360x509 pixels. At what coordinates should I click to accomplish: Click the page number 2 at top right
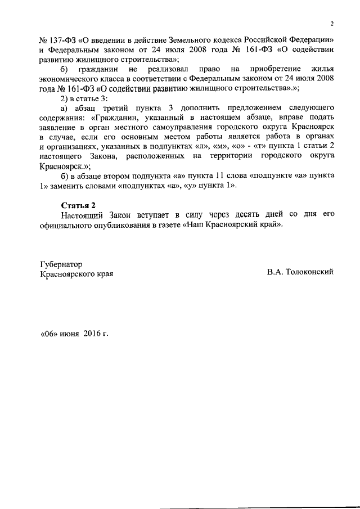tap(332, 24)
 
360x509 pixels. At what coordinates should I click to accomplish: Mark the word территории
tap(251, 156)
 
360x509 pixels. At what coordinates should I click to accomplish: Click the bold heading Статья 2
tap(76, 205)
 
